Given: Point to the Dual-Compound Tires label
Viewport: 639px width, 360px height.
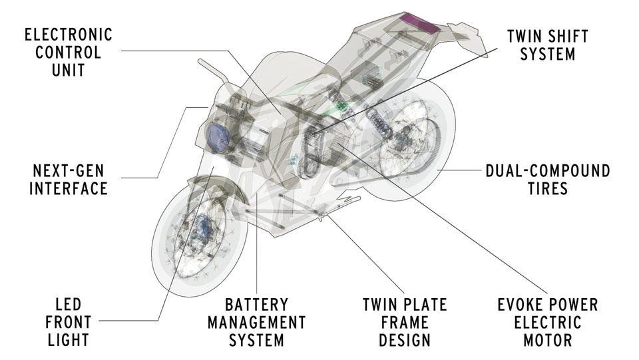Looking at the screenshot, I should [548, 179].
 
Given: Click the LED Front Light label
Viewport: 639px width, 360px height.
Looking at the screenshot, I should [67, 323].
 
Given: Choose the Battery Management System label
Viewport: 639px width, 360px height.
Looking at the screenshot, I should [256, 323].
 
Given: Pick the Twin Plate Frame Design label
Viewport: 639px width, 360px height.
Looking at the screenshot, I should [405, 323].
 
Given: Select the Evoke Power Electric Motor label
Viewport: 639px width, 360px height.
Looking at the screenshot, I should [548, 323].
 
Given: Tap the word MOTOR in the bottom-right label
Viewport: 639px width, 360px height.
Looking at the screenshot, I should [548, 341].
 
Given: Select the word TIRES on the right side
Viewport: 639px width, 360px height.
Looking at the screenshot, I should [548, 188].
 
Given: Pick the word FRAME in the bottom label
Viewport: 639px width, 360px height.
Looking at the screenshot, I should [405, 323].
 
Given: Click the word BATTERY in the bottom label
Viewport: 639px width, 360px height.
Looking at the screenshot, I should [256, 305].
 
